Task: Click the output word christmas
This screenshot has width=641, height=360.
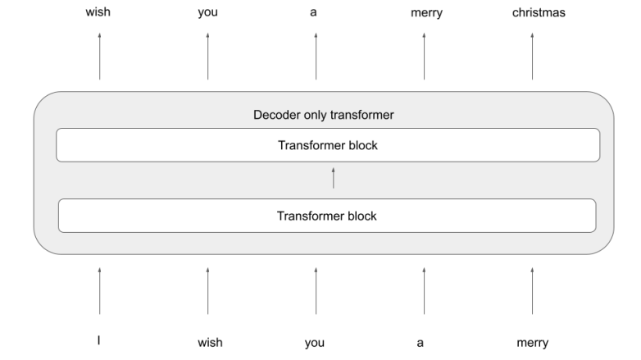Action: coord(532,12)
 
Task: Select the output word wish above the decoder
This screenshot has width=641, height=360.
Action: coord(99,12)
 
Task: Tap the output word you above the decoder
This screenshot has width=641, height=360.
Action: coord(207,13)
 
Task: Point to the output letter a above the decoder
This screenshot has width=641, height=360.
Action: coord(316,13)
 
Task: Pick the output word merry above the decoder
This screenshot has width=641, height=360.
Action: coord(424,13)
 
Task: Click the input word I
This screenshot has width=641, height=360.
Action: coord(99,341)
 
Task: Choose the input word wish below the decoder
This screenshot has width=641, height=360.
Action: coord(210,342)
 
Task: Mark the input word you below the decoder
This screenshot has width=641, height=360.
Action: coord(315,343)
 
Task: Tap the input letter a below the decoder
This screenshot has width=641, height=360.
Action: coord(421,343)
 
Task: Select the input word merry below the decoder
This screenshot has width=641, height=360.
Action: coord(532,342)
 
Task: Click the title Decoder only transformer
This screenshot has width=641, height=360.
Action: coord(323,115)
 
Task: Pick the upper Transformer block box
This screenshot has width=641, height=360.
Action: coord(328,145)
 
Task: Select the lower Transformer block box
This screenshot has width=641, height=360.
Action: coord(327,216)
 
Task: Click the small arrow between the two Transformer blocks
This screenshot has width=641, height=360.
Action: coord(334,177)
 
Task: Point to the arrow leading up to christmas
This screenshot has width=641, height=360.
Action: coord(532,56)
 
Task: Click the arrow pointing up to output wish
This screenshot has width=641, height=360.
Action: coord(99,56)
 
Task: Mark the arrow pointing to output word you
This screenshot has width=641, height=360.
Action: coord(207,56)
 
